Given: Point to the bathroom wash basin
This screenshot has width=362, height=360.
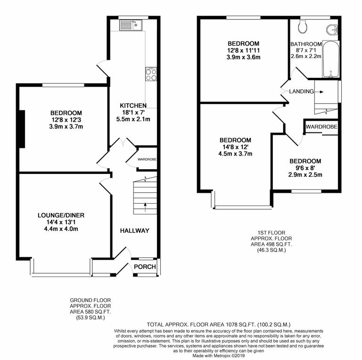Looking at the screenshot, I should [x=333, y=30].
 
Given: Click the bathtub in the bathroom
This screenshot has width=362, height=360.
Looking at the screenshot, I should [x=330, y=59].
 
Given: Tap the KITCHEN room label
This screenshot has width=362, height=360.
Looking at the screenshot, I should [x=133, y=105].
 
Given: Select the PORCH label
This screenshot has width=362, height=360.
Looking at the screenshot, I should [x=145, y=267].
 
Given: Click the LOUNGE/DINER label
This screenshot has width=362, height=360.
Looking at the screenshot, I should [x=61, y=215].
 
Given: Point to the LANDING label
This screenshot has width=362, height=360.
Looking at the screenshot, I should [x=302, y=91].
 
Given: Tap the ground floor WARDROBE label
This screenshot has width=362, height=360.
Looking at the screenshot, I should [x=147, y=160].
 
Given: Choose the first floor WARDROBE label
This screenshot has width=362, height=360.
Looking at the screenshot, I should [x=321, y=127].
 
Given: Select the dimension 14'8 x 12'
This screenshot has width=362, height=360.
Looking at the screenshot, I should [x=236, y=147].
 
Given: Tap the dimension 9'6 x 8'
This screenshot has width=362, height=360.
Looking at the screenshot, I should [x=305, y=168].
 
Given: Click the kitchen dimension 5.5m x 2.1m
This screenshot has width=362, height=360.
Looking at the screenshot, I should [x=133, y=119].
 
